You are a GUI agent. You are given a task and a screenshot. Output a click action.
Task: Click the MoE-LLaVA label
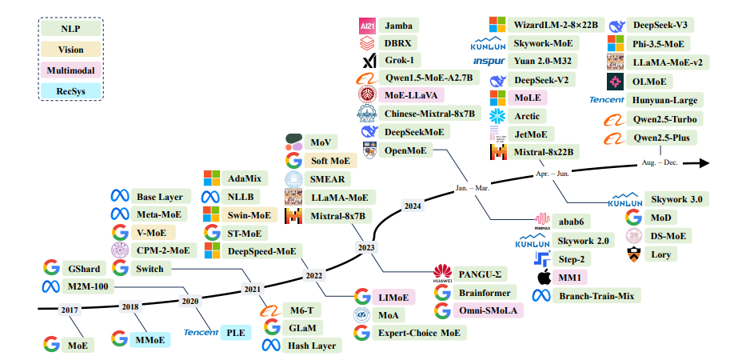click(x=416, y=95)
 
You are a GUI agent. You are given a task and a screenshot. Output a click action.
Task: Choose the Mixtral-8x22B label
click(x=544, y=151)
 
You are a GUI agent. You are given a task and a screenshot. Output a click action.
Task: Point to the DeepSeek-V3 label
click(x=664, y=26)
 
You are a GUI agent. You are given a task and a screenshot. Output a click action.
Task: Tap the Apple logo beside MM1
click(x=544, y=278)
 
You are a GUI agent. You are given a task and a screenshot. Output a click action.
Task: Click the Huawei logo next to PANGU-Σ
click(x=443, y=274)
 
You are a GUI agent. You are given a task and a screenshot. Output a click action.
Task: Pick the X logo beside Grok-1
click(x=369, y=61)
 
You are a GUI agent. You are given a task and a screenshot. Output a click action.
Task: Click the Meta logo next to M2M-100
click(x=51, y=287)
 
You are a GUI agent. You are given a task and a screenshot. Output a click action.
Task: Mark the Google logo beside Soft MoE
click(x=293, y=160)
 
